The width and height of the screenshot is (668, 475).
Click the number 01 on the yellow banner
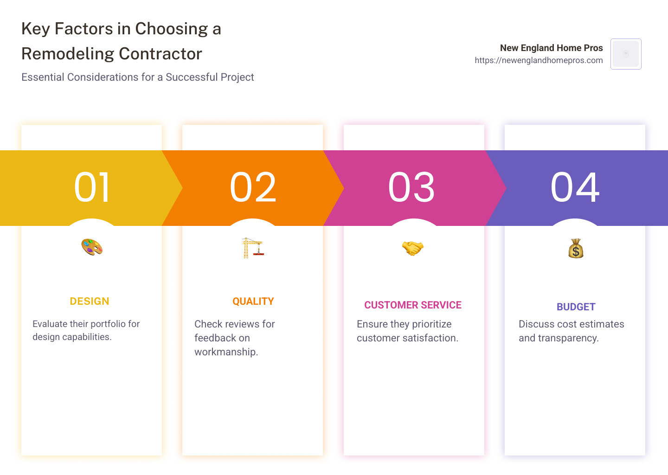pyautogui.click(x=92, y=187)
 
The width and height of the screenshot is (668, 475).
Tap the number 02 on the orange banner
pyautogui.click(x=253, y=187)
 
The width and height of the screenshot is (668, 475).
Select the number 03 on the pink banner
pyautogui.click(x=411, y=187)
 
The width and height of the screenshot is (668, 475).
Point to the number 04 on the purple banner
pyautogui.click(x=575, y=187)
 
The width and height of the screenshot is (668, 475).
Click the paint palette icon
pyautogui.click(x=92, y=247)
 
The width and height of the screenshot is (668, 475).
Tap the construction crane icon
pyautogui.click(x=253, y=248)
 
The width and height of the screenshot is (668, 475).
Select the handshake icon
pyautogui.click(x=413, y=248)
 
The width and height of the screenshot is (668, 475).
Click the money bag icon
pyautogui.click(x=576, y=249)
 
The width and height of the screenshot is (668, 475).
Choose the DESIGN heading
pyautogui.click(x=90, y=302)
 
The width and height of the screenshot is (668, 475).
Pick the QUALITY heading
pyautogui.click(x=253, y=302)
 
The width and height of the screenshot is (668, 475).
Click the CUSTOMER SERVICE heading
pyautogui.click(x=413, y=305)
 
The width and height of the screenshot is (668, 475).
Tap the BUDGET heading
pyautogui.click(x=576, y=307)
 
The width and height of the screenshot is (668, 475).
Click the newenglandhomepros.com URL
pyautogui.click(x=539, y=60)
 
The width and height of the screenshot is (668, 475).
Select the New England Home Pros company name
pyautogui.click(x=551, y=48)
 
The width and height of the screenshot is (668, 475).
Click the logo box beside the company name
pyautogui.click(x=626, y=54)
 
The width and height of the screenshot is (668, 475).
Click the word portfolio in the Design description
pyautogui.click(x=109, y=324)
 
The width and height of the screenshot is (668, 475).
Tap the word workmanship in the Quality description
pyautogui.click(x=226, y=352)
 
